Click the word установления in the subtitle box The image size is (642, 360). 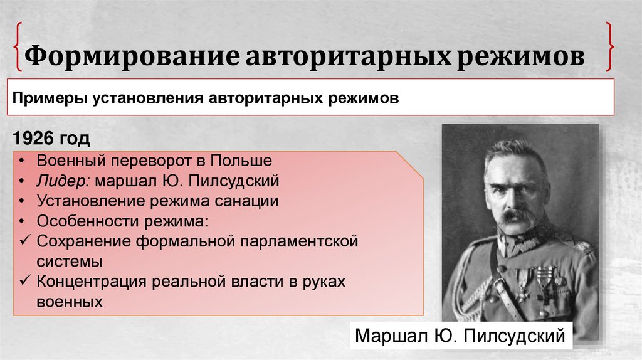(145, 98)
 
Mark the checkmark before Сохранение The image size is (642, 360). (23, 241)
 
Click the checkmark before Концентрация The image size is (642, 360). (23, 282)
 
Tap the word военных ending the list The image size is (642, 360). (70, 302)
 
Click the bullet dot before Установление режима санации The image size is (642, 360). (23, 201)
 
